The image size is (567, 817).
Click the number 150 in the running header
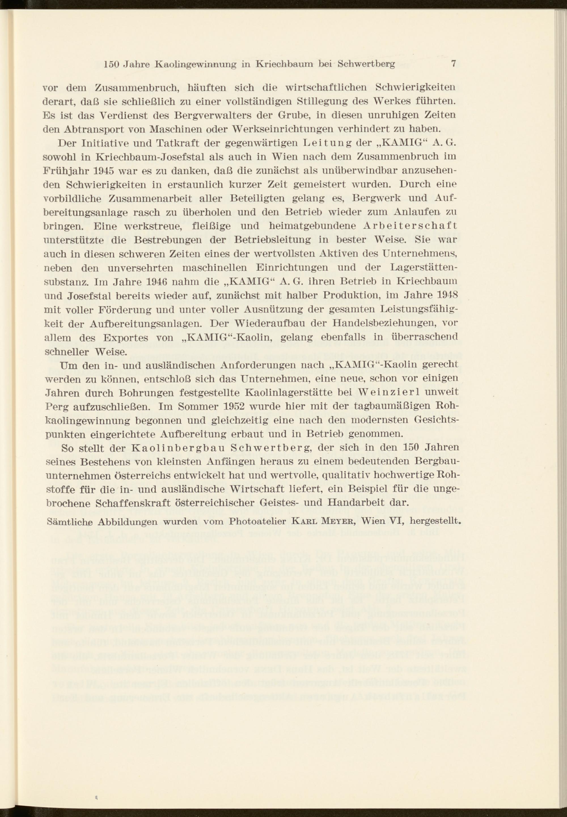coord(111,64)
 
